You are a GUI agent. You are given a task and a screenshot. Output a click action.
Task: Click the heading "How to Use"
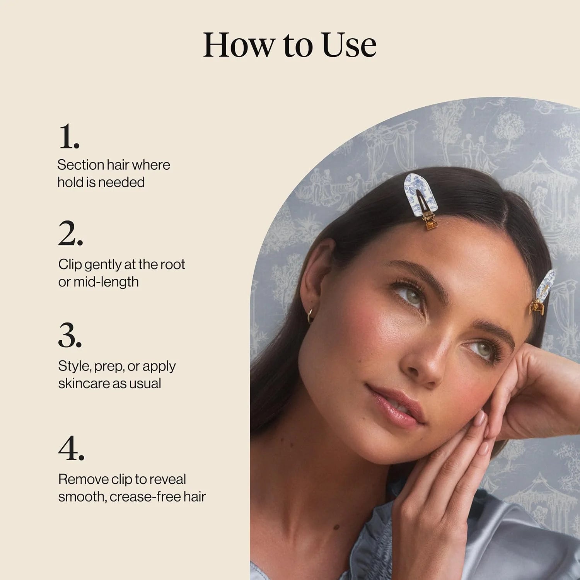290,45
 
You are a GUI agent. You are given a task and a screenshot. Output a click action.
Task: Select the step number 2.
70,234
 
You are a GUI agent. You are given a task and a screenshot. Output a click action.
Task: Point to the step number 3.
70,335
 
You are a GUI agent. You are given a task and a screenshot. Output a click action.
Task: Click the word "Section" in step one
81,165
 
